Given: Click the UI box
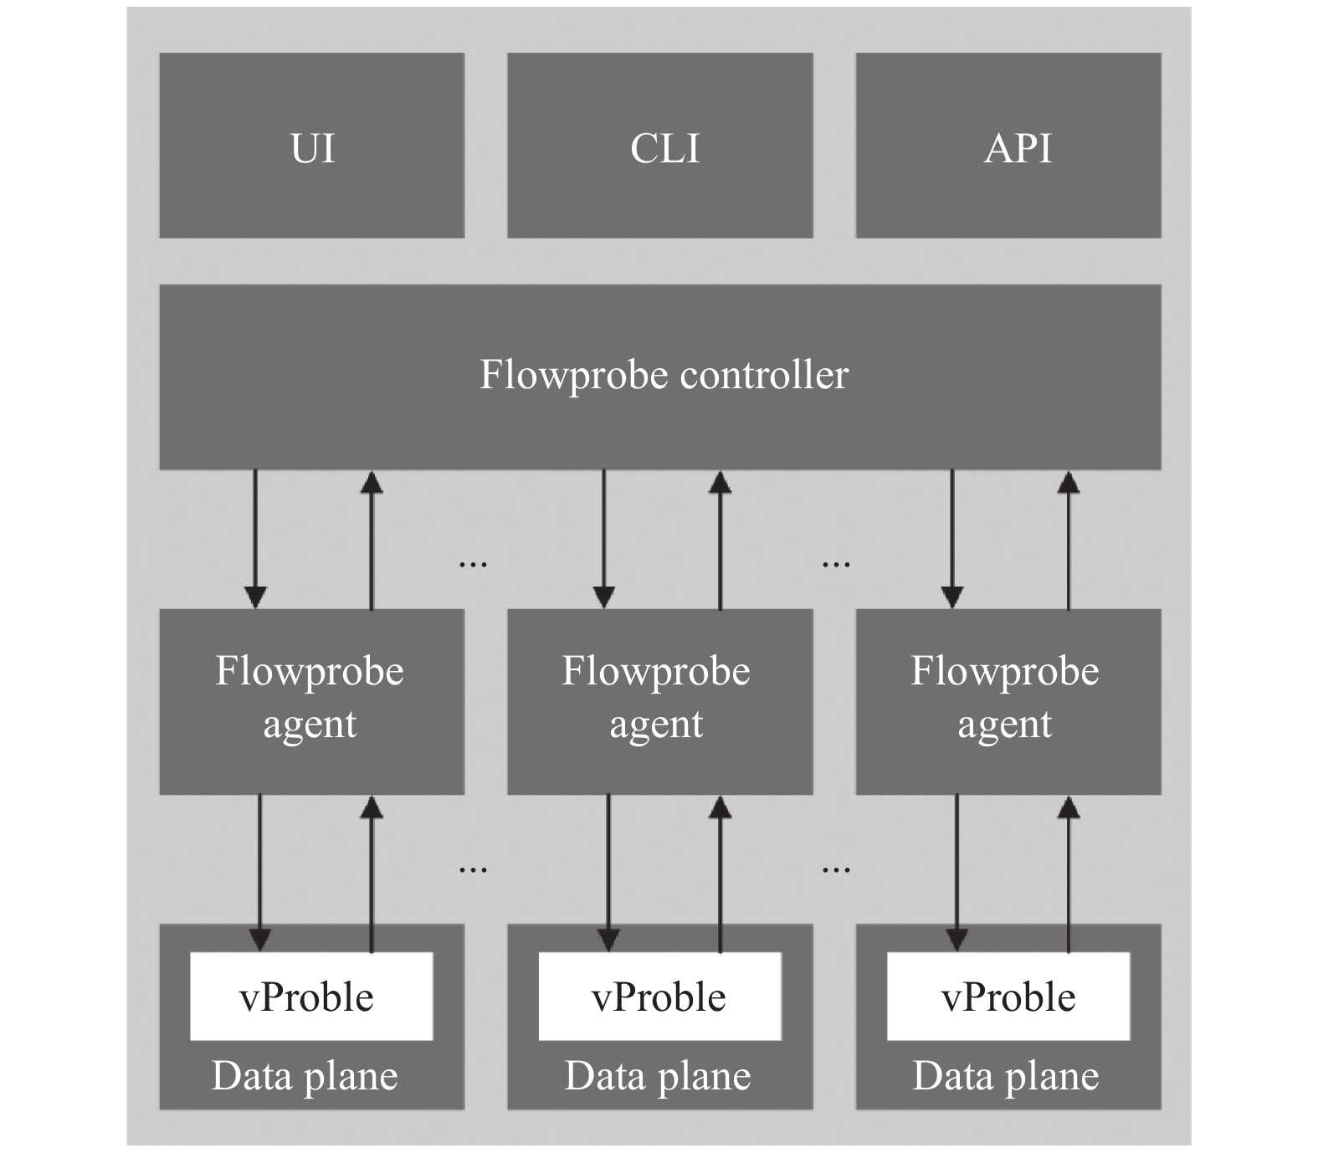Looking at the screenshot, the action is tap(311, 146).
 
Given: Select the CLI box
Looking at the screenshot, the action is tap(659, 146).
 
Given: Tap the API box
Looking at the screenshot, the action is tap(1008, 146).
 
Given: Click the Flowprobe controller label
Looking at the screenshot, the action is tap(664, 375).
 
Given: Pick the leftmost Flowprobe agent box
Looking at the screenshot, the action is tap(311, 701).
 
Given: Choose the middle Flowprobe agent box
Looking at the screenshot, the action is tap(659, 701).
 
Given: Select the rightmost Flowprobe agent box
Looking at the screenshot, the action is tap(1008, 701).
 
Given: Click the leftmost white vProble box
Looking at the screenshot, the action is tap(311, 996).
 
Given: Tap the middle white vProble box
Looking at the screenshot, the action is tap(659, 996).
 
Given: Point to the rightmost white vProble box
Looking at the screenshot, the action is tap(1008, 996).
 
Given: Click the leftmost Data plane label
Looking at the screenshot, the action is tap(305, 1077).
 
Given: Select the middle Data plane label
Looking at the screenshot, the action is tap(658, 1077).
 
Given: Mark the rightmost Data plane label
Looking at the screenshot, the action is tap(1006, 1077).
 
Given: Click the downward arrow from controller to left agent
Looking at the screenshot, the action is tap(255, 539).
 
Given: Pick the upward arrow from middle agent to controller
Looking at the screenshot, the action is tap(720, 539).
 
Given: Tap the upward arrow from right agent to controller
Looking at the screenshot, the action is tap(1068, 539).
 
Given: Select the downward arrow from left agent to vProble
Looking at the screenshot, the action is tap(260, 873).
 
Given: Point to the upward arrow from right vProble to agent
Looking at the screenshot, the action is tap(1068, 873).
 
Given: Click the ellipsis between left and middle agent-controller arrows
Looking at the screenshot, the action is tap(473, 565).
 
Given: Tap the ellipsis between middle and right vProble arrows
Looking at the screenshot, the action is tap(836, 870).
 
